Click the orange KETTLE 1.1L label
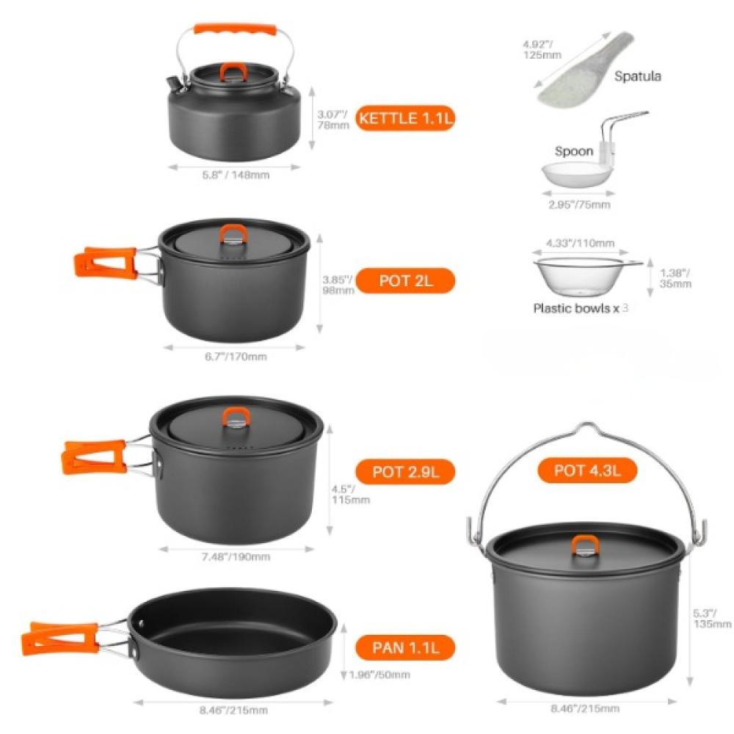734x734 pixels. [x=405, y=118]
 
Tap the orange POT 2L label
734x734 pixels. [x=405, y=281]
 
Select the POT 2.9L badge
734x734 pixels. [x=405, y=471]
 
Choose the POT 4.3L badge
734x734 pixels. [x=587, y=470]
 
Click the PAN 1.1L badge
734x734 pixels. [x=405, y=648]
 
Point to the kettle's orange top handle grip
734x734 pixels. [x=235, y=31]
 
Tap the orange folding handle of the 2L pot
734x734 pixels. [x=106, y=263]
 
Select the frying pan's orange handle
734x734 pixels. [x=60, y=639]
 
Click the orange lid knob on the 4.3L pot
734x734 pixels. [x=585, y=545]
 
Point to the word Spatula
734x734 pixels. [x=638, y=76]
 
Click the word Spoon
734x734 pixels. [x=574, y=151]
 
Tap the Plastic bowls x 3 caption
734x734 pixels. [x=581, y=308]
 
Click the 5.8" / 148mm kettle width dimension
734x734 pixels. [x=236, y=175]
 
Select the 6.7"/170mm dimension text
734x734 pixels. [x=236, y=357]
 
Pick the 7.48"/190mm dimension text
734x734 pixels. [x=236, y=557]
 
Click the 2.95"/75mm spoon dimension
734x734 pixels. [x=580, y=205]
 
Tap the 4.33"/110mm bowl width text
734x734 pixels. [x=580, y=243]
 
